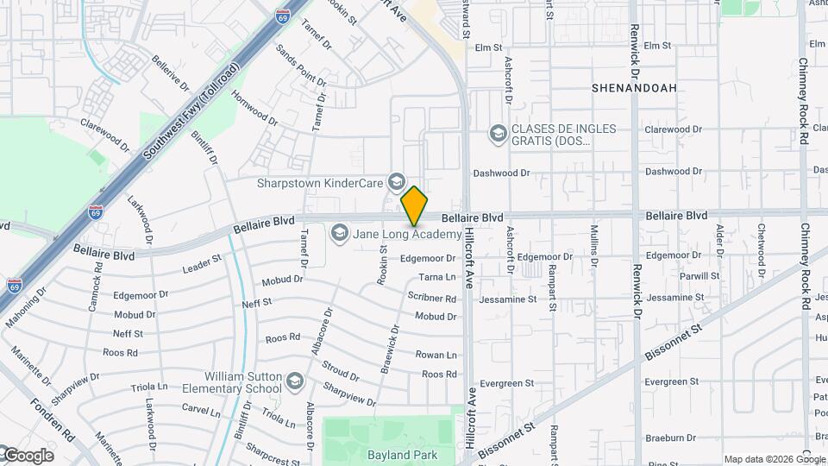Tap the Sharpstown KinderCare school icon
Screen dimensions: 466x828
tap(396, 181)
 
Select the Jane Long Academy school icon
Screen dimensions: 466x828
tap(339, 233)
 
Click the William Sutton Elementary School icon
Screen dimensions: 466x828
tap(295, 381)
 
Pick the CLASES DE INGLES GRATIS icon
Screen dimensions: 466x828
tap(497, 134)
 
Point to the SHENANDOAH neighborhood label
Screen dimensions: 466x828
tap(634, 88)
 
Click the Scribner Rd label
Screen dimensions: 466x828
tap(431, 298)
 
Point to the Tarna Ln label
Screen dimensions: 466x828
tap(436, 277)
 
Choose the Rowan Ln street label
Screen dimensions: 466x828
tap(436, 355)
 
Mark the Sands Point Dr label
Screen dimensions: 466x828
tap(302, 65)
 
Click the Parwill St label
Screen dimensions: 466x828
tap(699, 276)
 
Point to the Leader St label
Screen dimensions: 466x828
tap(202, 264)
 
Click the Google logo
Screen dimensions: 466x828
tap(28, 456)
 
